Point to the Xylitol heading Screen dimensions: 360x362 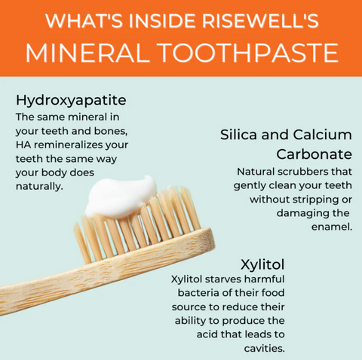click(x=262, y=264)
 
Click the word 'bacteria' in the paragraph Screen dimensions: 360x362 click(x=199, y=294)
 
